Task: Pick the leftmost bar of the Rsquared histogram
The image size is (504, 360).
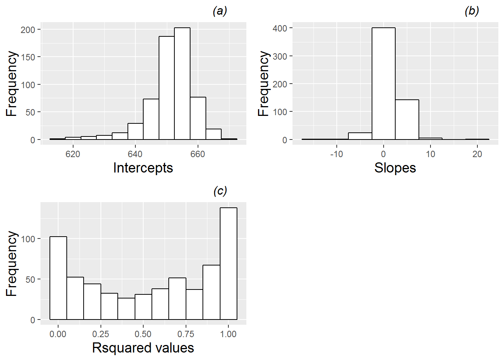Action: point(58,278)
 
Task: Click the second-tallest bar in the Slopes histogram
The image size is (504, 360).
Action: point(407,120)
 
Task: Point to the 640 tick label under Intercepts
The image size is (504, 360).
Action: point(135,154)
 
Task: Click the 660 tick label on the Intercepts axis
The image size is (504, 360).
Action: point(198,154)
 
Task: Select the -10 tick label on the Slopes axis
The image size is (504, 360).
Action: point(336,154)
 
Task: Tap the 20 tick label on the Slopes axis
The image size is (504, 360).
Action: point(477,154)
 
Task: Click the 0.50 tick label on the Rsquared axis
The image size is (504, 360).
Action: point(143,334)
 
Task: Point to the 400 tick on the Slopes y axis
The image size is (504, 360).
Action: point(280,28)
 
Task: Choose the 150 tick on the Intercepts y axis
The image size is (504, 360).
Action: point(28,57)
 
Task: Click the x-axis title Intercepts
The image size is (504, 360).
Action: point(143,168)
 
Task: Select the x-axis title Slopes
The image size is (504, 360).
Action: point(395,168)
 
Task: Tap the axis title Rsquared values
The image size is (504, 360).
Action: point(143,348)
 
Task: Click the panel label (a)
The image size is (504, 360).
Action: point(220,11)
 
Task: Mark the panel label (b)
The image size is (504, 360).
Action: point(471,11)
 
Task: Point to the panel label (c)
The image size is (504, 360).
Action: point(220,191)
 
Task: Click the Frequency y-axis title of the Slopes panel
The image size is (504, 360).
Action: point(264,84)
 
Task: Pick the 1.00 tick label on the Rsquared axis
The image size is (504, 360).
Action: point(228,334)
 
